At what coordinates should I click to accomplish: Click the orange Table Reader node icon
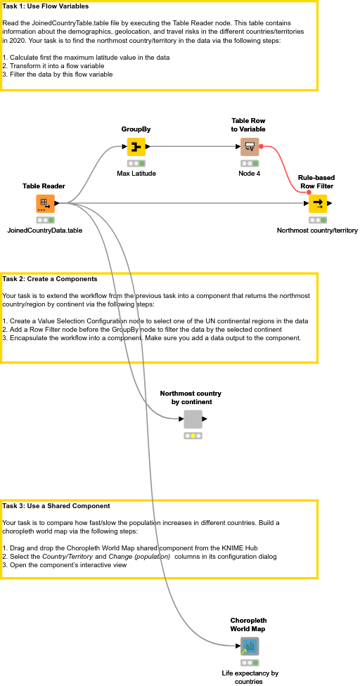pos(46,204)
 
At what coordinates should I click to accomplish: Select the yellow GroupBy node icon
pos(136,147)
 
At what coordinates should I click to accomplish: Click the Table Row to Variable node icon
pos(249,147)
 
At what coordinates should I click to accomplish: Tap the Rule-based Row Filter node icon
pos(317,204)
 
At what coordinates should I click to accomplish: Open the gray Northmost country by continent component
pos(193,420)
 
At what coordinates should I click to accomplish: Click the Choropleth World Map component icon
pos(249,646)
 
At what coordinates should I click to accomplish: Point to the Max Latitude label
pos(136,173)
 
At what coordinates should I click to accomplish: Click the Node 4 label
pos(249,173)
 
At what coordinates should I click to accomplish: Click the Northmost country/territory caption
pos(317,230)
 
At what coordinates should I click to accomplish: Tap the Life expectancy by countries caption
pos(250,677)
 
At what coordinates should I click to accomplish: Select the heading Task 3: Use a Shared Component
pos(56,505)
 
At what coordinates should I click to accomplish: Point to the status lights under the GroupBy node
pos(136,163)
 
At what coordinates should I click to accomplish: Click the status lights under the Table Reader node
pos(46,220)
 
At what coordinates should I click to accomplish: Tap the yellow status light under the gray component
pos(193,436)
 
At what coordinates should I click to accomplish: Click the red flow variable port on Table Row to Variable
pos(262,147)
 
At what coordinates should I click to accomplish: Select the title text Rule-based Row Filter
pos(316,181)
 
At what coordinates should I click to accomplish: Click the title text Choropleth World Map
pos(248,624)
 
